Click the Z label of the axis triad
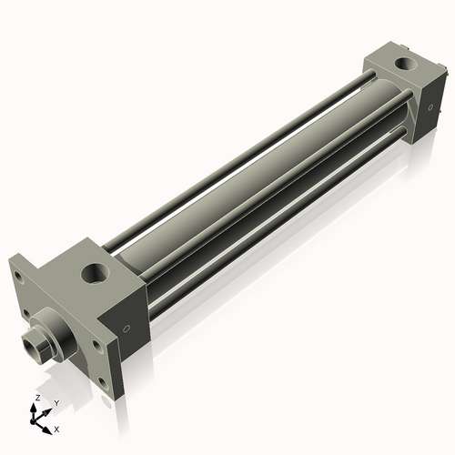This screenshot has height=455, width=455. pos(36,399)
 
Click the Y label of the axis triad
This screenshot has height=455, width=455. pos(56,402)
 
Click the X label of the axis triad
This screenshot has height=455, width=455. pos(57,428)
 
